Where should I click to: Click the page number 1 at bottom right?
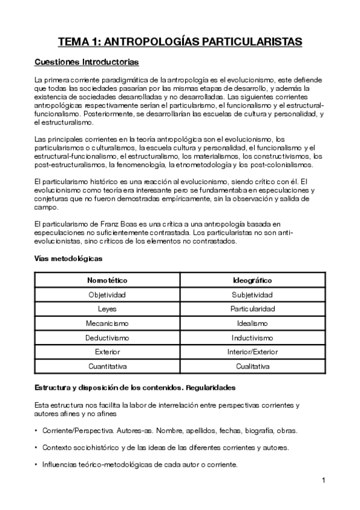(x=323, y=480)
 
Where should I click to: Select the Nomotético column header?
(x=107, y=280)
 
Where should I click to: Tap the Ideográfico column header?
(x=252, y=280)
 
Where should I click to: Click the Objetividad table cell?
(x=107, y=295)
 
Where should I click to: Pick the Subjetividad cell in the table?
(x=252, y=295)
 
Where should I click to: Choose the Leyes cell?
(x=107, y=309)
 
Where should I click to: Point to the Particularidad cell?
(x=252, y=309)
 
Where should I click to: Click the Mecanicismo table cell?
(x=107, y=323)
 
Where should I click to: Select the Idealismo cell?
(x=252, y=323)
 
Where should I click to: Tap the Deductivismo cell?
(x=107, y=337)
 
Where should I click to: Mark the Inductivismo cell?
(x=252, y=337)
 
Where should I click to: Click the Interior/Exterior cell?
(x=252, y=351)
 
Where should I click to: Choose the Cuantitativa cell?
(x=107, y=366)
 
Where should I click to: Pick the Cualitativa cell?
(x=252, y=366)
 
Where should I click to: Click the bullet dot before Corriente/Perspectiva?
(x=36, y=431)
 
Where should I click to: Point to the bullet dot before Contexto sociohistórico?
(x=36, y=447)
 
